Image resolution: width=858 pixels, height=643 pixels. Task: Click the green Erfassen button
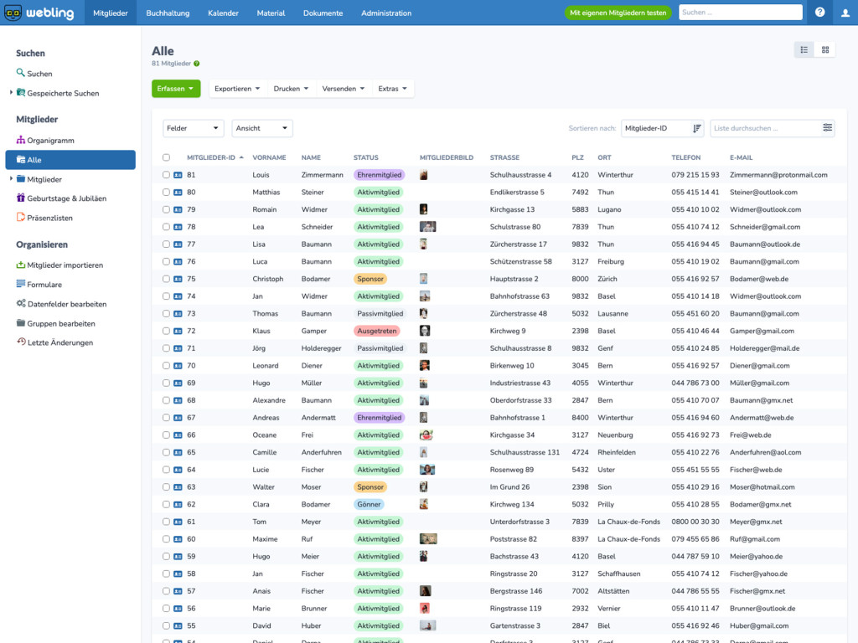(176, 89)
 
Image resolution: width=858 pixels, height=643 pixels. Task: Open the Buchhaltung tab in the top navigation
(168, 13)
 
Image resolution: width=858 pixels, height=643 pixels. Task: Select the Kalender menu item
(223, 13)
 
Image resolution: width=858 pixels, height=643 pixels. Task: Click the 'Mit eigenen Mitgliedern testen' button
(618, 13)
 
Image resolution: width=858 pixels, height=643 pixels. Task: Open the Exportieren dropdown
(237, 89)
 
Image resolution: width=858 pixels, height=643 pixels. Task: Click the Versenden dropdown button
(343, 89)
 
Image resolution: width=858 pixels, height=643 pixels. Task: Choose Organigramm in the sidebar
(50, 141)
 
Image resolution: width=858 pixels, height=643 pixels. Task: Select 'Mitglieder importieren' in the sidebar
(65, 265)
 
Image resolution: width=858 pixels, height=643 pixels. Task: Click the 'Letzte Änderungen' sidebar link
(59, 342)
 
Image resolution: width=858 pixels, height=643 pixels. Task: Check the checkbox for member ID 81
(166, 175)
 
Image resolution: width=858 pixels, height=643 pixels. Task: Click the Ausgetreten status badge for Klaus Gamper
(376, 331)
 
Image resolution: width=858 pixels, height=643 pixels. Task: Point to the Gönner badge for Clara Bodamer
(369, 504)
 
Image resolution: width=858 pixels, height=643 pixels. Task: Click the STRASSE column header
(504, 157)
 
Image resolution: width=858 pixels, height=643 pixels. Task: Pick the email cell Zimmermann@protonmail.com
(778, 175)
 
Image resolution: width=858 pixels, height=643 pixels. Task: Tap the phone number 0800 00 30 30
(695, 522)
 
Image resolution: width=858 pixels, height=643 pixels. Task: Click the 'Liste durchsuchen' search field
(765, 128)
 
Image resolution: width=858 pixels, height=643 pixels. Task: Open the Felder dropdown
(194, 128)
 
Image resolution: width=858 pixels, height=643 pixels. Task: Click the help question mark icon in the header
(819, 12)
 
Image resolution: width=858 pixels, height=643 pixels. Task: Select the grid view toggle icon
(825, 49)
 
